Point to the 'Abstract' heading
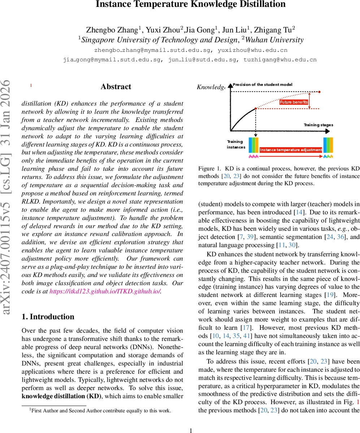tap(116, 87)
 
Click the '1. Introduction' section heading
tap(48, 316)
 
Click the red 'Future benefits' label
tap(294, 102)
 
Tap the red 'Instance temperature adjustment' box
tap(291, 149)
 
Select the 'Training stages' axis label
tap(318, 125)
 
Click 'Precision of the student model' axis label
tap(263, 84)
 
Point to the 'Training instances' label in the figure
tap(235, 144)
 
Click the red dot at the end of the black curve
tap(256, 108)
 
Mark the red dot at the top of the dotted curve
tap(319, 92)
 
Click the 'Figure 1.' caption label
tap(209, 169)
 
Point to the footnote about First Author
tap(100, 410)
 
